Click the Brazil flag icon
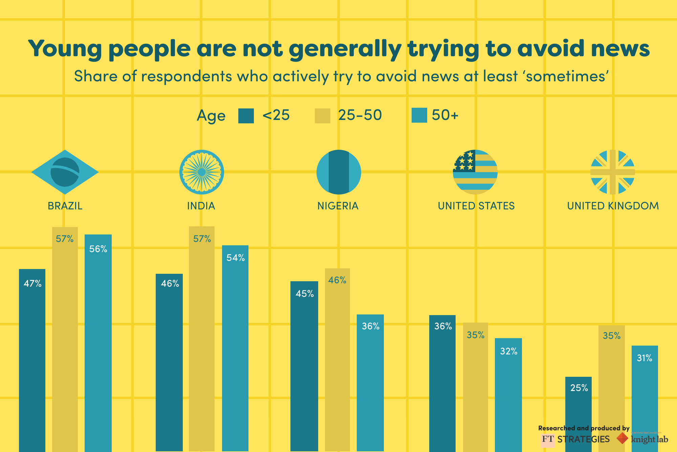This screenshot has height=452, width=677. pos(65,172)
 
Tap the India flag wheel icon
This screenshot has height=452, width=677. pos(202,172)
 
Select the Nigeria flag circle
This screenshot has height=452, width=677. pos(338,172)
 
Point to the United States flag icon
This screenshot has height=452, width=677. pos(475,172)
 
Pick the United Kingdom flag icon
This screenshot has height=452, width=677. pos(612,172)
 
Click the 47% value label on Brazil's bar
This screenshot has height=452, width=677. pos(32,284)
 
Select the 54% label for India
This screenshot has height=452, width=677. pos(236,258)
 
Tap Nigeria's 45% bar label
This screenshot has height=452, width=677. pos(305,294)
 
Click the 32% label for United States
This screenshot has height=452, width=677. pos(509,351)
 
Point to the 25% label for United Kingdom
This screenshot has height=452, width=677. pos(579,388)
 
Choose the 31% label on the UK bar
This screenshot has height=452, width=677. pos(645,358)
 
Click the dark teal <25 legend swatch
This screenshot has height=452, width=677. pos(246,116)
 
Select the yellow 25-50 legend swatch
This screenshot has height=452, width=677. pos(323,116)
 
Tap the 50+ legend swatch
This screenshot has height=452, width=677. pos(419,116)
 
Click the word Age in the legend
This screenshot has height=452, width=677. pos(211,116)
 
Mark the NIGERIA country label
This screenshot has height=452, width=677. pos(338,206)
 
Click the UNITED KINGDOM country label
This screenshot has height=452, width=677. pos(613,206)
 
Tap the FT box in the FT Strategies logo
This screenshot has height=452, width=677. pos(548,439)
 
